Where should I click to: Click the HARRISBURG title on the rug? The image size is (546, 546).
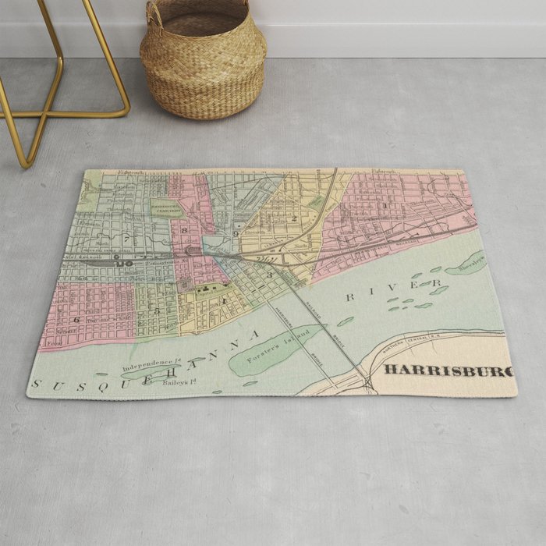(448, 371)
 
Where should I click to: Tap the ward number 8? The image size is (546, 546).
(185, 231)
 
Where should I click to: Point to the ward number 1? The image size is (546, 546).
(386, 205)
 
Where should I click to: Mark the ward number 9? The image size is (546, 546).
(235, 233)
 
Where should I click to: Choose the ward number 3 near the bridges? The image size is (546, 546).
(270, 275)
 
